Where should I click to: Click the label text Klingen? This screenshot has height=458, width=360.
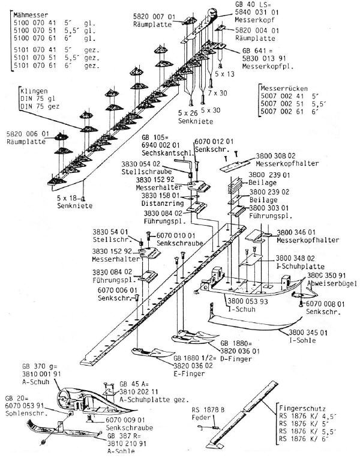tap(34, 94)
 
